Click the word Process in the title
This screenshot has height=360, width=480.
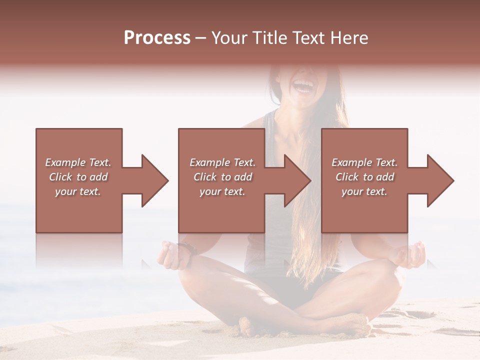pyautogui.click(x=157, y=38)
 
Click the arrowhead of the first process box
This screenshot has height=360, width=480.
pyautogui.click(x=154, y=180)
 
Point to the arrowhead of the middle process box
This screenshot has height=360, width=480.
pyautogui.click(x=297, y=180)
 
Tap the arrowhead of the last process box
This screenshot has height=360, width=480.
pyautogui.click(x=440, y=180)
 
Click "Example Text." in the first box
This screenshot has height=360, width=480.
pyautogui.click(x=78, y=162)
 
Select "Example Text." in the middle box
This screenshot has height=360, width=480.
pyautogui.click(x=222, y=162)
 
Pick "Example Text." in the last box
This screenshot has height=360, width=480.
pyautogui.click(x=364, y=162)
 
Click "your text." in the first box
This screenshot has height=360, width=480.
pyautogui.click(x=78, y=191)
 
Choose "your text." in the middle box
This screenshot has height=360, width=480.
pyautogui.click(x=222, y=191)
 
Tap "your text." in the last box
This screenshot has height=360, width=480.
pyautogui.click(x=364, y=191)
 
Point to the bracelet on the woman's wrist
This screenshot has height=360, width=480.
pyautogui.click(x=186, y=248)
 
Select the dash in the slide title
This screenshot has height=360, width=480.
pyautogui.click(x=201, y=38)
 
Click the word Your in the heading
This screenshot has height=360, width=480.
pyautogui.click(x=229, y=38)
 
